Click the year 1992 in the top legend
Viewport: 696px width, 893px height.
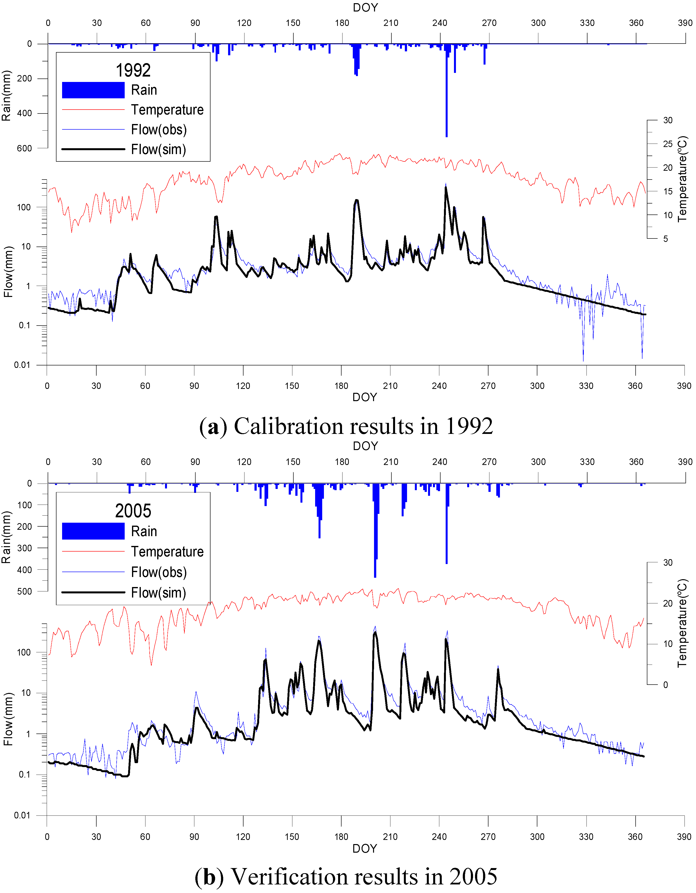(x=133, y=70)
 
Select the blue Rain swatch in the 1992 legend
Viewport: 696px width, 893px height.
(x=93, y=90)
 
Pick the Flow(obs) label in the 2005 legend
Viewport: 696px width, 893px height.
(x=159, y=572)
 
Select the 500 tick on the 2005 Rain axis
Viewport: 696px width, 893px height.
(x=24, y=591)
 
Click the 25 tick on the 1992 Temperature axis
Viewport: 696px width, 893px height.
(x=668, y=144)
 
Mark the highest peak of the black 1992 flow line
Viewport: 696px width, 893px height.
(x=446, y=188)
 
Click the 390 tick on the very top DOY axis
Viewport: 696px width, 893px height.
(x=685, y=23)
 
